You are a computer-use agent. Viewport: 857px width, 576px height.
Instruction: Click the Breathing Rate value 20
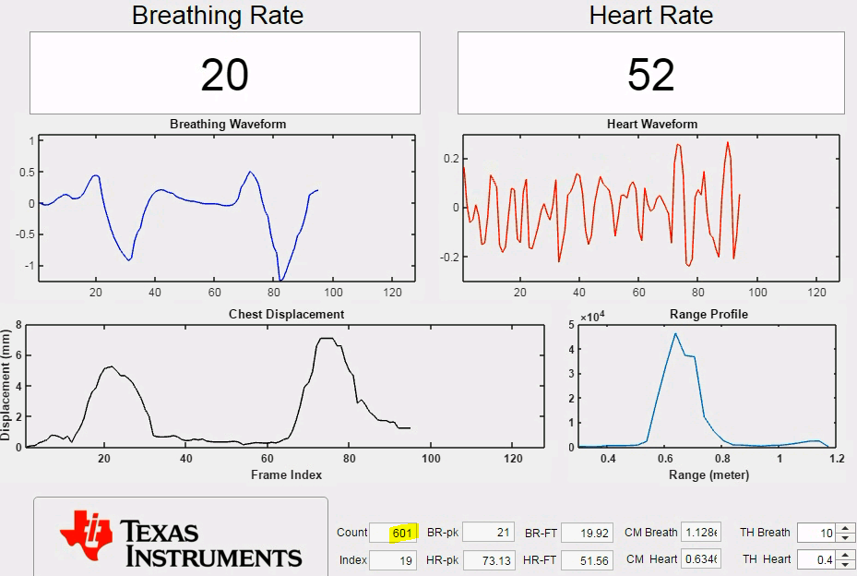click(225, 75)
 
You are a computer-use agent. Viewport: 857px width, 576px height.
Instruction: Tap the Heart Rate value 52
click(650, 75)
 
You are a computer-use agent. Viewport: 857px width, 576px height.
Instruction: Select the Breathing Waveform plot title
click(228, 124)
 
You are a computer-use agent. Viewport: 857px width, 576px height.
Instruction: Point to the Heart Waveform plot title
click(652, 124)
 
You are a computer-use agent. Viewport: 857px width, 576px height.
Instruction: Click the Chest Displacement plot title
click(286, 314)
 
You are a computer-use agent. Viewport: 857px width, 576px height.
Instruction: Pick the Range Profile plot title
click(708, 314)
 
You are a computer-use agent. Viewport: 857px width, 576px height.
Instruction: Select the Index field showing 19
click(395, 559)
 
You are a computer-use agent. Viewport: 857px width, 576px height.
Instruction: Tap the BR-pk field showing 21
click(487, 533)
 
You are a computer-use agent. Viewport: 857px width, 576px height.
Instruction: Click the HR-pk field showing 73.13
click(487, 559)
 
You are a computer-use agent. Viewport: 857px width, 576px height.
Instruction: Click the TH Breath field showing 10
click(815, 533)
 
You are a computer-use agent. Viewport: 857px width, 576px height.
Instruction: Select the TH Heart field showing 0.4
click(815, 559)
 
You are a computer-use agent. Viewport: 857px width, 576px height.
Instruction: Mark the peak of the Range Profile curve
click(675, 333)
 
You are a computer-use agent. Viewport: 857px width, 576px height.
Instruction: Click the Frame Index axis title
click(286, 474)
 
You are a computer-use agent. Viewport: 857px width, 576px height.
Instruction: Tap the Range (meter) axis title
click(708, 474)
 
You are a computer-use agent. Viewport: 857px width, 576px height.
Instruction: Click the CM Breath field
click(700, 533)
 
